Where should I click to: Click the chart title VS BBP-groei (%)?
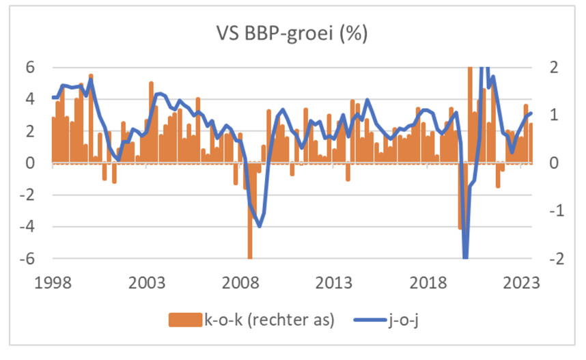click(292, 33)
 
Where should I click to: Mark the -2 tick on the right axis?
click(548, 259)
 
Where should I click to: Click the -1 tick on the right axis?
click(548, 211)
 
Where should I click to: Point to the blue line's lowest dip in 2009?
click(259, 225)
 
